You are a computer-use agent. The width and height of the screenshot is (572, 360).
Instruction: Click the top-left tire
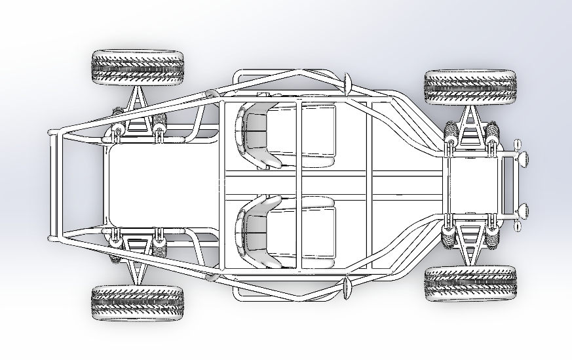point(136,67)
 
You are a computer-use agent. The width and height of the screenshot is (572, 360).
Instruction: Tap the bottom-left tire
point(136,303)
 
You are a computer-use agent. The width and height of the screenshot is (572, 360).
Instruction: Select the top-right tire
point(470,87)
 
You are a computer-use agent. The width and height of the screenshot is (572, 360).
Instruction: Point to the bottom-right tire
point(470,283)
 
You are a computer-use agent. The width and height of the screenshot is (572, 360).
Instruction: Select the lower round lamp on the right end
point(522,211)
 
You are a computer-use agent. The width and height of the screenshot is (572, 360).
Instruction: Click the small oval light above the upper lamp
point(517,142)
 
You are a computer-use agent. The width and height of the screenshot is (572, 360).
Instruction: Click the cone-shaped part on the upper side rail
point(347,83)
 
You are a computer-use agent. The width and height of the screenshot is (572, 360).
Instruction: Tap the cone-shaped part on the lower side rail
point(347,287)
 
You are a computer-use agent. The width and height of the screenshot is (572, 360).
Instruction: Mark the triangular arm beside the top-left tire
point(137,108)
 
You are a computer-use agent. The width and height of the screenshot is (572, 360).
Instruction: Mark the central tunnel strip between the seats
point(295,184)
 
